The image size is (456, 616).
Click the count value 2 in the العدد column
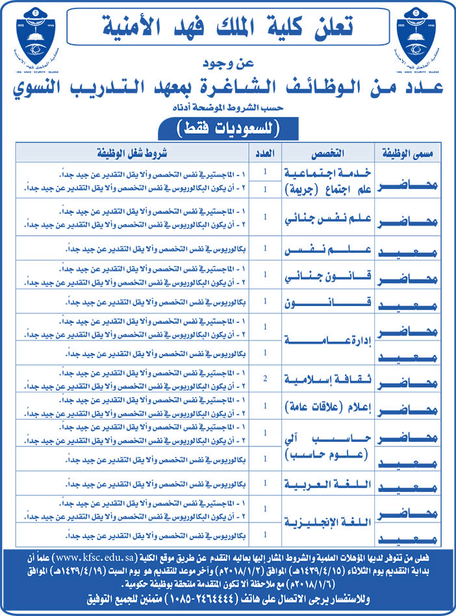coord(266,378)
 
